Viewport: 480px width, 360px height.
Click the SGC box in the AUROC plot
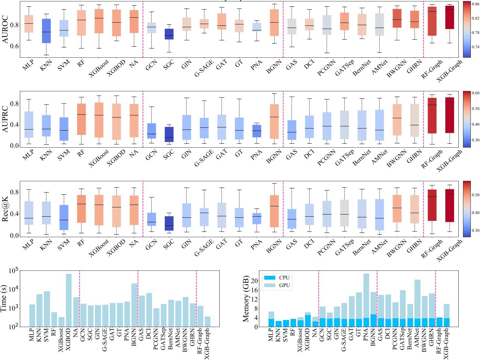[169, 34]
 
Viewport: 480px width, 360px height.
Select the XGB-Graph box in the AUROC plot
[450, 17]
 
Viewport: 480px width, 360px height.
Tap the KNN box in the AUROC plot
[46, 31]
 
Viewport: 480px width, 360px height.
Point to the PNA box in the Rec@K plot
[256, 218]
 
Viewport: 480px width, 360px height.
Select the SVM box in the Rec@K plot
[64, 217]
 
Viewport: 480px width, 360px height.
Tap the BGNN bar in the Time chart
[134, 305]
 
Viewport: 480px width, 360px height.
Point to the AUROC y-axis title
[5, 29]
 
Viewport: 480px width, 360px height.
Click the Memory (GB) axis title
[246, 298]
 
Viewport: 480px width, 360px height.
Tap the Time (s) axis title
[4, 299]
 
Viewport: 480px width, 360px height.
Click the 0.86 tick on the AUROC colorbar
[475, 4]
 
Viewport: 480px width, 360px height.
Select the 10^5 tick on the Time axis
[13, 271]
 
